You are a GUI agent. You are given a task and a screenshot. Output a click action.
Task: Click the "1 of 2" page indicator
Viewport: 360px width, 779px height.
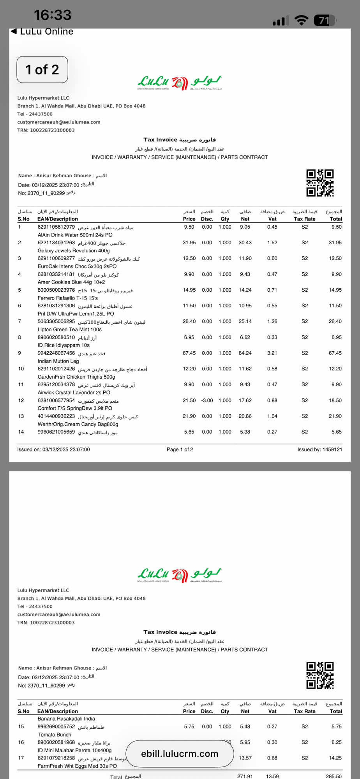coord(42,70)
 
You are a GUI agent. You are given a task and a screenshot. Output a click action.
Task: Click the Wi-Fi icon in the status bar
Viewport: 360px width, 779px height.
coord(301,20)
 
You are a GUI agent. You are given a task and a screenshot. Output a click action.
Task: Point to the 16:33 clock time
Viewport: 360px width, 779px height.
coord(53,15)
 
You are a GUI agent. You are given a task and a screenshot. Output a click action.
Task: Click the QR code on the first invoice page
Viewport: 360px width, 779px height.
coord(320,183)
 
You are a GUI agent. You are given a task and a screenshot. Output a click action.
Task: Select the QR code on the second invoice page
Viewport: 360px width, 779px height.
coord(320,675)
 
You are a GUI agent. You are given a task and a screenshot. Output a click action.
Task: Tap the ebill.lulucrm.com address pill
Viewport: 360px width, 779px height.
coord(180,754)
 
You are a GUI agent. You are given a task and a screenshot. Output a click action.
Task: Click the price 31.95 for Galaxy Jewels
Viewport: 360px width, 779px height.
coord(189,243)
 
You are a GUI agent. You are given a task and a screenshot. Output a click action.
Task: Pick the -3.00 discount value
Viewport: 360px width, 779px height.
coord(207,400)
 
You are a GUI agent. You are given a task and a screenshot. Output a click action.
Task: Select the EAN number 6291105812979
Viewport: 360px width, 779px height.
coord(56,227)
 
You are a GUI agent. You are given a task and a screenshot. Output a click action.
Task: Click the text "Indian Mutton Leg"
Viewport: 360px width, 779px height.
coord(58,361)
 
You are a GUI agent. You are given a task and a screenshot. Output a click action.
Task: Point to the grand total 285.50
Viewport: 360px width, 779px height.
coord(334,776)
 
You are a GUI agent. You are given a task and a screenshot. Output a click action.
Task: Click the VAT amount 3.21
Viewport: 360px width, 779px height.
coord(272,353)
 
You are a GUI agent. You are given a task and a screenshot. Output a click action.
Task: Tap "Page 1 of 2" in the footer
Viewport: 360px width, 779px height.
coord(180,449)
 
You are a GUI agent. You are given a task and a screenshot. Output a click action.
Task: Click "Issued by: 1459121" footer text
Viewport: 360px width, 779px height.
coord(319,449)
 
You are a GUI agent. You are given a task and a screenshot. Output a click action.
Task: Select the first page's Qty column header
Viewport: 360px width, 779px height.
coord(225,219)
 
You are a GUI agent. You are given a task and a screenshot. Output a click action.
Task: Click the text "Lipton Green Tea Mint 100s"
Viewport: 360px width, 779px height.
coord(69,330)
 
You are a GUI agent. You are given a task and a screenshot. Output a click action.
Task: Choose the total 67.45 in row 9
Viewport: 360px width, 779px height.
coord(335,353)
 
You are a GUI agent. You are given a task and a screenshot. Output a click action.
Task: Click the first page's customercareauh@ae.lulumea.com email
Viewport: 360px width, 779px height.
coord(59,122)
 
